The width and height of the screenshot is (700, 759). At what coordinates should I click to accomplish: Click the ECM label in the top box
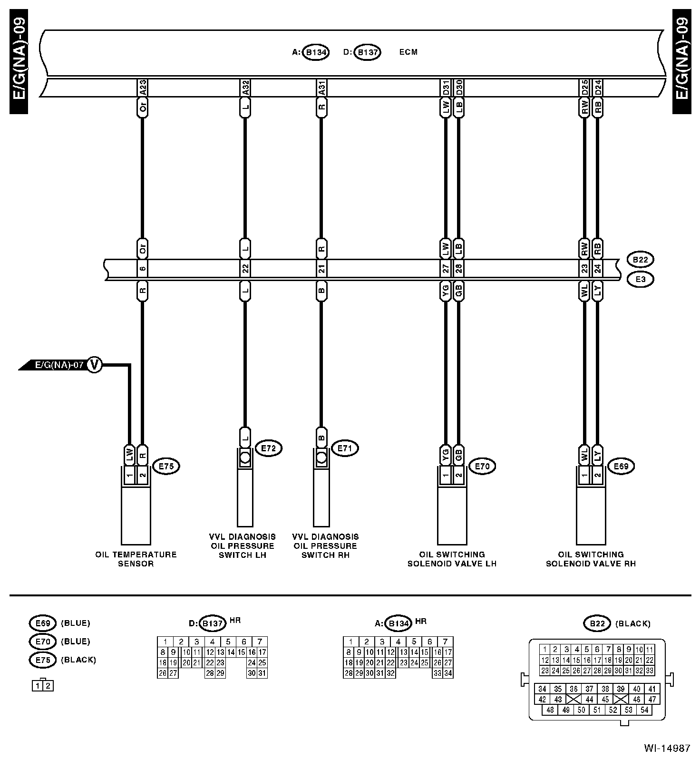click(x=408, y=52)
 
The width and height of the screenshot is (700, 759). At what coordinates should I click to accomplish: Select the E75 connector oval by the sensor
click(x=166, y=467)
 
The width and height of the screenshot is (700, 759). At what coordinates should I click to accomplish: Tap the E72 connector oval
click(x=269, y=448)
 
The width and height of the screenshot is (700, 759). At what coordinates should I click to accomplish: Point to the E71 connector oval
click(x=345, y=448)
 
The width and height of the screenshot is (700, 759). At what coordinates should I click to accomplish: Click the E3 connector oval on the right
click(x=640, y=279)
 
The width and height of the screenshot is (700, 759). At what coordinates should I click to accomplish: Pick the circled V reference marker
click(x=95, y=365)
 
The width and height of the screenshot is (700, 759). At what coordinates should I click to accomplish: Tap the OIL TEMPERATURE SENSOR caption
click(x=136, y=559)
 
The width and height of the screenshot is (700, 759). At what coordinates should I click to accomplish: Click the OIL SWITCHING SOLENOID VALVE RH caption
click(x=591, y=559)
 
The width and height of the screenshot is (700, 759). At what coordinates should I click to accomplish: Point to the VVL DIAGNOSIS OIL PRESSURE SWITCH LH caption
click(x=243, y=545)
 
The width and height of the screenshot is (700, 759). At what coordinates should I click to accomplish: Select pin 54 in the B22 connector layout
click(x=644, y=710)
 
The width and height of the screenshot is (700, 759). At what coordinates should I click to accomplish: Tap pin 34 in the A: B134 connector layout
click(x=448, y=673)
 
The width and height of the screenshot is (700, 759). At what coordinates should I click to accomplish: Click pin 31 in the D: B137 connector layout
click(x=262, y=673)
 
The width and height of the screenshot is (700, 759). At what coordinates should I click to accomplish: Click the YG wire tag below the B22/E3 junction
click(x=446, y=292)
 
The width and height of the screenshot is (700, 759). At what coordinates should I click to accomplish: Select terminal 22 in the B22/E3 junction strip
click(x=245, y=269)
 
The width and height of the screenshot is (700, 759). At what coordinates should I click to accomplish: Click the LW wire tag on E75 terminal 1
click(x=129, y=454)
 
